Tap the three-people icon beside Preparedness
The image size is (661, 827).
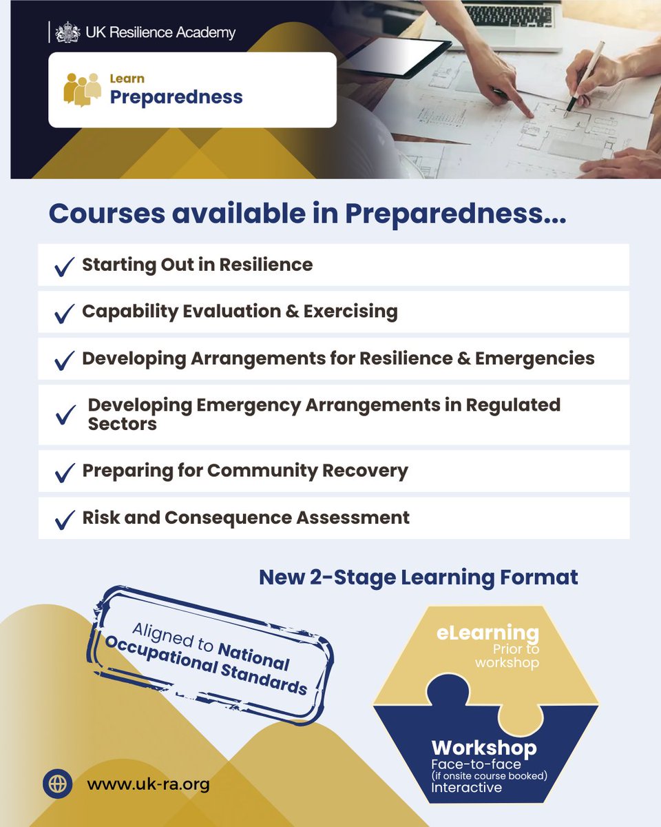(82, 89)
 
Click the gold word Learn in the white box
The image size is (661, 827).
(127, 79)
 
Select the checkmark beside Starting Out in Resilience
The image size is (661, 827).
(64, 266)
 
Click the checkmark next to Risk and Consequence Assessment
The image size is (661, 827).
(64, 519)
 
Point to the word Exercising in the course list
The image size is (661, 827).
(353, 312)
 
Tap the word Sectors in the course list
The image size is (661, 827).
(122, 424)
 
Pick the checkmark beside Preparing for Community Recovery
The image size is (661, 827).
(64, 472)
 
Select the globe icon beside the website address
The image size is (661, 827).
(58, 784)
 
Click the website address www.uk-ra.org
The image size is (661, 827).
(148, 784)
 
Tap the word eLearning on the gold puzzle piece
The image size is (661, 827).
(487, 633)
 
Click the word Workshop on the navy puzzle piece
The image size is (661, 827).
(483, 748)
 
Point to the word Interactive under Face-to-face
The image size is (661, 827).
(467, 788)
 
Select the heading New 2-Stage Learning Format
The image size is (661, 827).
(418, 578)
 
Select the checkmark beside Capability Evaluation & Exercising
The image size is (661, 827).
(64, 313)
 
